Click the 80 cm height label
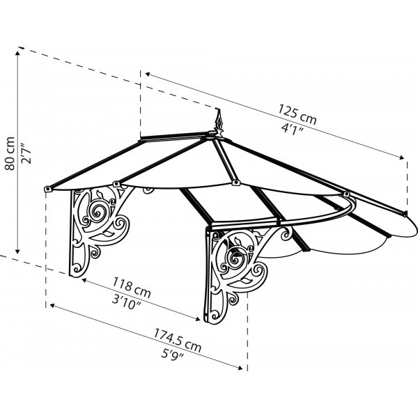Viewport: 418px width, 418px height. [10, 153]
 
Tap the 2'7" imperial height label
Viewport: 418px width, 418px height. [26, 153]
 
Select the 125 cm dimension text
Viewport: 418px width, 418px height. [297, 114]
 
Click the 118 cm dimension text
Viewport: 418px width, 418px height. [132, 287]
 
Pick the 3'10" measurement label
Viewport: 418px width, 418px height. [127, 302]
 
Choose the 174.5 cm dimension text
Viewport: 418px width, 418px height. [178, 340]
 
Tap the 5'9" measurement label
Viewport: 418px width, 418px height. [173, 354]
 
